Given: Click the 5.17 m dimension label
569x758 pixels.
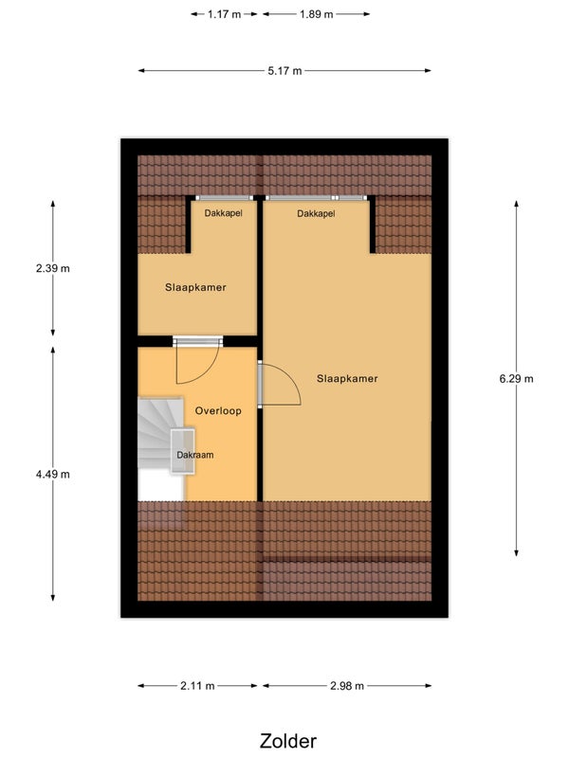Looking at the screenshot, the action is click(x=284, y=71).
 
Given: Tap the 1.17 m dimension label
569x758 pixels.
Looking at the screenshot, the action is click(x=224, y=14).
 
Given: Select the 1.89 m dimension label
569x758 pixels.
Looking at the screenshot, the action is click(x=316, y=14).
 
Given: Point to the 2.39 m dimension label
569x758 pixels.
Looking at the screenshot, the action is click(x=53, y=268).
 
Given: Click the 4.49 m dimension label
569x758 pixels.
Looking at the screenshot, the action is click(x=53, y=475).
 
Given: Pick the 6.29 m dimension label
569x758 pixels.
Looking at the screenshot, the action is click(x=516, y=378).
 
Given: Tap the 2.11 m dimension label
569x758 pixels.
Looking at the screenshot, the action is click(x=197, y=685).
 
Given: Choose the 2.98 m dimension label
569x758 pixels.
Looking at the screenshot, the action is click(x=347, y=685).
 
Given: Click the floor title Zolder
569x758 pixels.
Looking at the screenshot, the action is click(x=288, y=741).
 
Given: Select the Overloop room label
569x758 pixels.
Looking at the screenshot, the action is click(x=218, y=411).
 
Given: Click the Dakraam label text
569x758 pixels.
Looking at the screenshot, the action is click(x=195, y=455).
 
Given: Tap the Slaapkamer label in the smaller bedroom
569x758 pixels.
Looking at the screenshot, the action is click(x=195, y=287).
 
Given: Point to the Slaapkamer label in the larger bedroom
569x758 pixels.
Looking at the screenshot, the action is click(x=347, y=378).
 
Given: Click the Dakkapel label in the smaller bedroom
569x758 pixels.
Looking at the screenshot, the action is click(x=223, y=213).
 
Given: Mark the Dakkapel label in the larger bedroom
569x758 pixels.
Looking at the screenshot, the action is click(x=316, y=213).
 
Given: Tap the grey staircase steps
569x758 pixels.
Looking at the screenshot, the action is click(x=160, y=433).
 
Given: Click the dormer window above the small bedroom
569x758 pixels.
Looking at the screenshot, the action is click(x=224, y=198).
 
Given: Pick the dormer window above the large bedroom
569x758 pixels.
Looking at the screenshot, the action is click(x=316, y=198).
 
